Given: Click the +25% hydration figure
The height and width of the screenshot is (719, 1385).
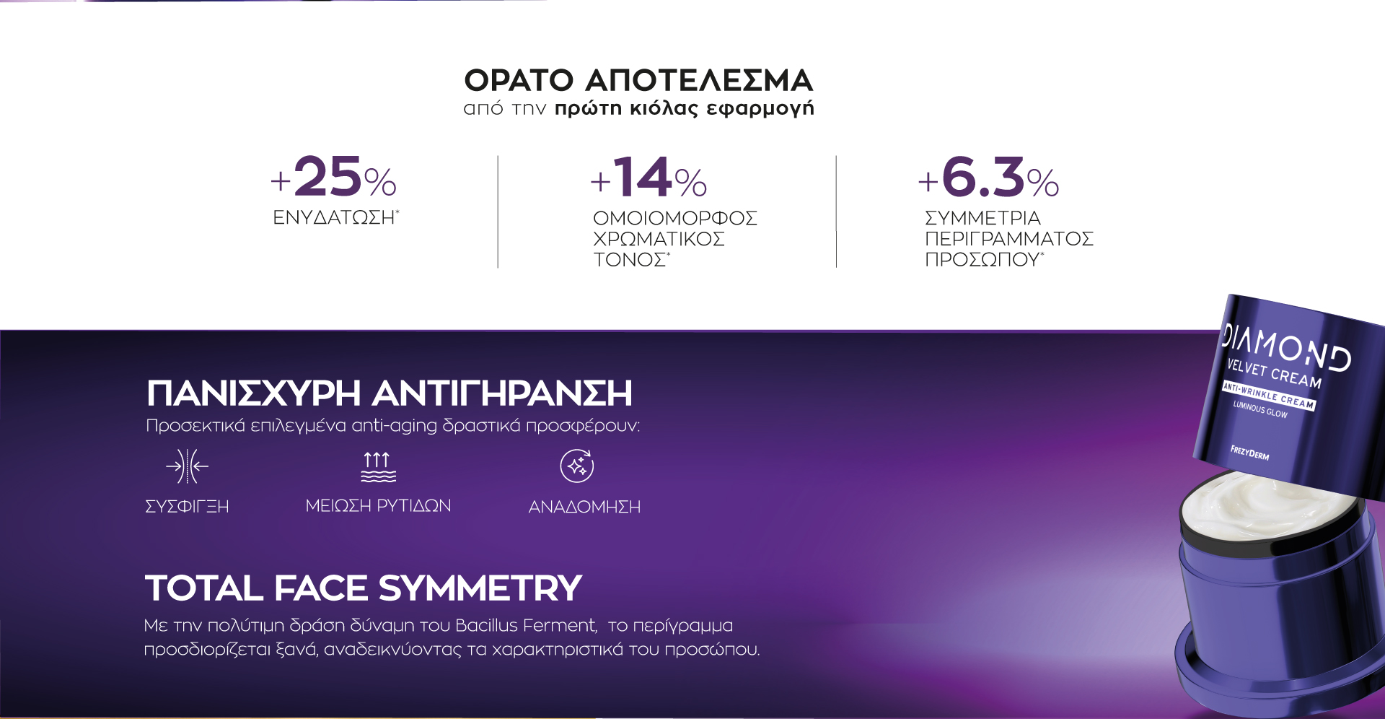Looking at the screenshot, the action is (x=333, y=178).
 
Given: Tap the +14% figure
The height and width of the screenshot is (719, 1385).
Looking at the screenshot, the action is (x=648, y=178).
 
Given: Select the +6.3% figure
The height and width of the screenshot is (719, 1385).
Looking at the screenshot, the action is (x=988, y=178).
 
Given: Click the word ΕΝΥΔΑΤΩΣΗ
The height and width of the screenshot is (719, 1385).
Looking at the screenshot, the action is (x=333, y=217).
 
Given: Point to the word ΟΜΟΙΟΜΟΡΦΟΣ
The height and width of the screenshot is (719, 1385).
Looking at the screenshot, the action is (x=675, y=218).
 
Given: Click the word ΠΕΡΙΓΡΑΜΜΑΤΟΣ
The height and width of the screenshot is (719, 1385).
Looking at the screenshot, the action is (x=1009, y=239).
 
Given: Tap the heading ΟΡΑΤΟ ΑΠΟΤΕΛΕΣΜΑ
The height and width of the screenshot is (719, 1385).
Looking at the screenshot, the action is (x=638, y=80).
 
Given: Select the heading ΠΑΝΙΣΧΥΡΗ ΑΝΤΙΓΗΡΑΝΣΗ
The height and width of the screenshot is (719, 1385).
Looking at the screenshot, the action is (x=390, y=393).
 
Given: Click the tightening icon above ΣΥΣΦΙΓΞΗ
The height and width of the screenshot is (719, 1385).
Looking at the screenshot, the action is (x=187, y=466).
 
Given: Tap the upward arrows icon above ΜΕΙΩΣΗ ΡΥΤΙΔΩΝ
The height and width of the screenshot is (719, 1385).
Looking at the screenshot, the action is (x=378, y=466).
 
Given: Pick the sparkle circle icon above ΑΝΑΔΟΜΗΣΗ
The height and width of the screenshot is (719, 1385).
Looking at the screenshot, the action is (x=577, y=466).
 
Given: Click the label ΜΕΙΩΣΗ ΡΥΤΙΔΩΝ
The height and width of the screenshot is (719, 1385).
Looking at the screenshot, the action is (x=378, y=506).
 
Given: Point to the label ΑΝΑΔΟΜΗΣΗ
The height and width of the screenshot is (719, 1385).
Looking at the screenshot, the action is (x=584, y=507).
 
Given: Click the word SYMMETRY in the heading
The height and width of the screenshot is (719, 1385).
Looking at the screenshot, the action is (x=480, y=588).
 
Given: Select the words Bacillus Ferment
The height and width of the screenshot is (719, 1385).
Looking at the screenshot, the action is (x=526, y=625).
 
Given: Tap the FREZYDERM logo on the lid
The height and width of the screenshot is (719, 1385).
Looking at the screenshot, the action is (x=1249, y=453).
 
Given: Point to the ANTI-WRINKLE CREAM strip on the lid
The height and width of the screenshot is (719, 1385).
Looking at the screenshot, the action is (x=1269, y=396).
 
